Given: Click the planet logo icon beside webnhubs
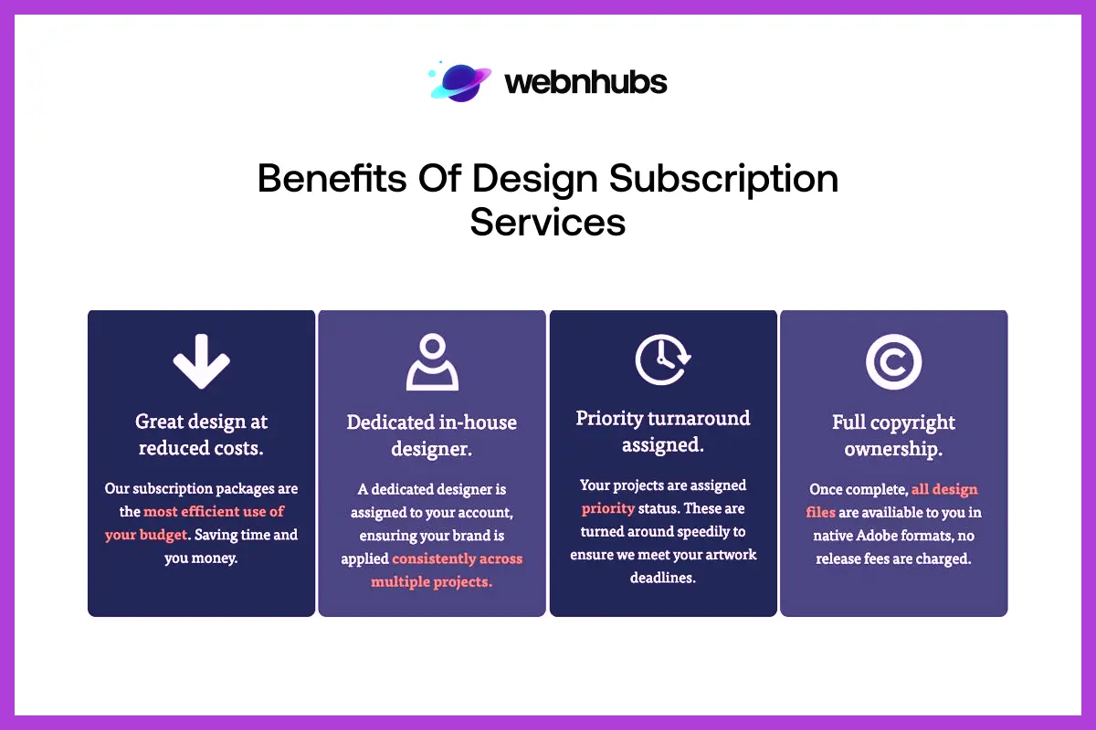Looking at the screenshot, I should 459,81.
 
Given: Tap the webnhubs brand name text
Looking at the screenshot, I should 585,83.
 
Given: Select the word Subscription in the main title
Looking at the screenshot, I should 723,178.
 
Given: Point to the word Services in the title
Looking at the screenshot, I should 548,222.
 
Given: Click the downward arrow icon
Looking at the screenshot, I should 201,360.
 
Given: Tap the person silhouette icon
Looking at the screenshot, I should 432,361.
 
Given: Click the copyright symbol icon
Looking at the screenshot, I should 893,362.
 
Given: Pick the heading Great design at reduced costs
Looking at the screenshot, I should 201,434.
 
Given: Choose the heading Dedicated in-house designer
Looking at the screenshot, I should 432,435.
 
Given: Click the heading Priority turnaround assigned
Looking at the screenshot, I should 663,432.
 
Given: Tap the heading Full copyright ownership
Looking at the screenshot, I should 893,435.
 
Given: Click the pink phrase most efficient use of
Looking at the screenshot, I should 214,512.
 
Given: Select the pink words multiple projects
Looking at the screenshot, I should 431,581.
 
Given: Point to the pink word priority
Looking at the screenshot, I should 608,508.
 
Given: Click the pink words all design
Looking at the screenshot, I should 944,490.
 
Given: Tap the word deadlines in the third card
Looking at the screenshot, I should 663,578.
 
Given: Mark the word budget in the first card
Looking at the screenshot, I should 163,535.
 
